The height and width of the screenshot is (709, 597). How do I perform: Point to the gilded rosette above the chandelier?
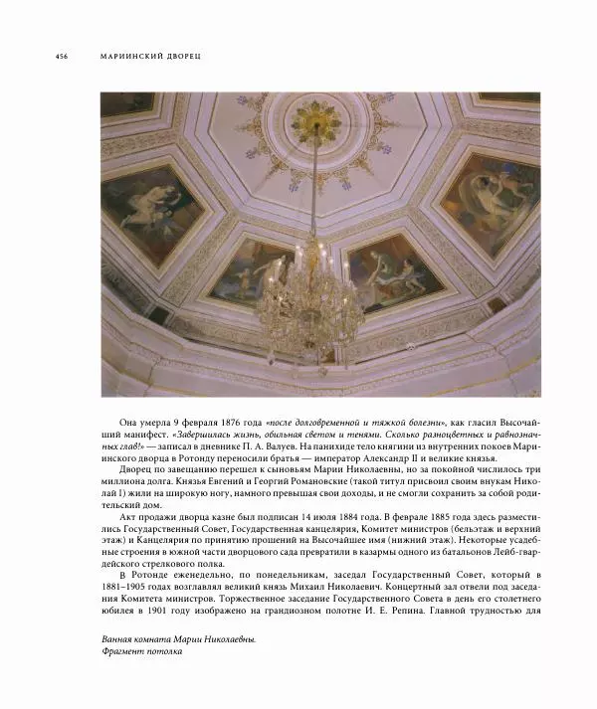click(314, 124)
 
